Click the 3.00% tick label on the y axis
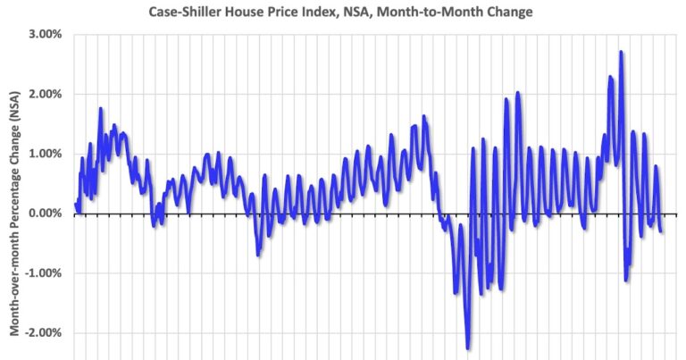click(41, 34)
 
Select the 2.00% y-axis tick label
click(41, 94)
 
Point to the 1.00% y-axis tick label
click(41, 154)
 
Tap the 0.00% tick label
click(41, 213)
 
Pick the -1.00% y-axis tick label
click(39, 273)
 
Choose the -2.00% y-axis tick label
click(39, 333)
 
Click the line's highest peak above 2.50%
click(621, 53)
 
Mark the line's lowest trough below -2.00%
click(468, 347)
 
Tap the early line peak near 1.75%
click(101, 109)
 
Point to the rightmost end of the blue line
click(661, 231)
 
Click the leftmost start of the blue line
click(75, 205)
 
